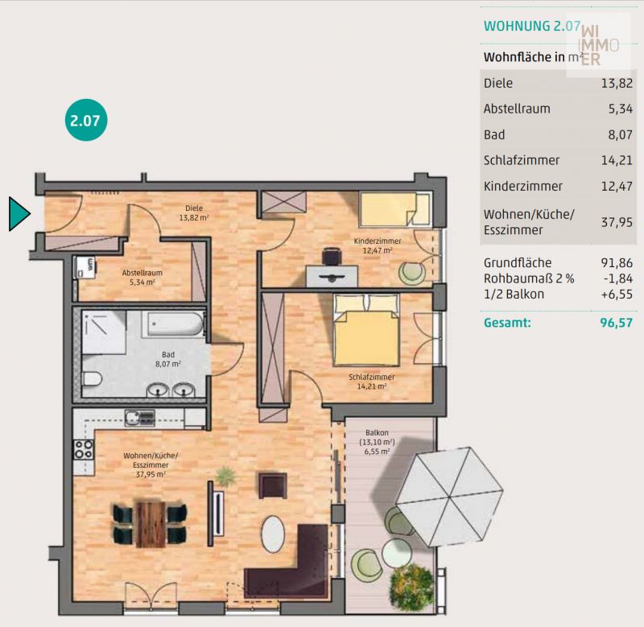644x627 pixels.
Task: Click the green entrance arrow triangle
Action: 18,213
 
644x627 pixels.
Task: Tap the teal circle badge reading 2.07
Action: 86,120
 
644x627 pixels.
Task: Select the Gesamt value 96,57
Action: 616,323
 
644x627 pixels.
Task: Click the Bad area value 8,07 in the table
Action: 620,134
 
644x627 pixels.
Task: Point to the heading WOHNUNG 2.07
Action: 532,26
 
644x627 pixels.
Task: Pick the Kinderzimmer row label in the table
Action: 522,186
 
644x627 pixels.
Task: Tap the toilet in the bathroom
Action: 92,378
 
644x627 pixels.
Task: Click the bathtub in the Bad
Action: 173,324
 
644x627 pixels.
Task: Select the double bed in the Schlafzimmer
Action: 366,330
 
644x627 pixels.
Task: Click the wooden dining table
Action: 151,524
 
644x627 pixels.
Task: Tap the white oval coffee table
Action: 273,534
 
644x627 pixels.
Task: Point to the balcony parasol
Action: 449,497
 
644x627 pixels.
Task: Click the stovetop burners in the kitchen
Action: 84,449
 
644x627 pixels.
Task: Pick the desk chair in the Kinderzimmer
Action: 332,256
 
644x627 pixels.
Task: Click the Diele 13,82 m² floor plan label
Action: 194,212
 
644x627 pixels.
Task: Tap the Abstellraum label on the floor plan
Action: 142,273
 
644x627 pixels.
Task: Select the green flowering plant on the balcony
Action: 411,588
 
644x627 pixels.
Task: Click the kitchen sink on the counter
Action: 139,418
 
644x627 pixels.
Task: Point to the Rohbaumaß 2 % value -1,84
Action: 618,278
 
